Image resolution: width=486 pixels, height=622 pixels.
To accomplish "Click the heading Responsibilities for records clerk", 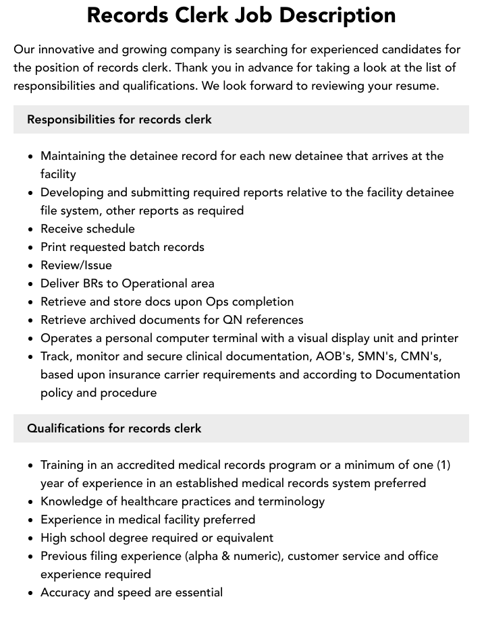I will [x=119, y=119].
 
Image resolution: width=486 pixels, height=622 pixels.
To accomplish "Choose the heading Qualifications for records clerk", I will [x=114, y=428].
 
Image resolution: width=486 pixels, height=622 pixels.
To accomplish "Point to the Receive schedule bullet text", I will [x=88, y=229].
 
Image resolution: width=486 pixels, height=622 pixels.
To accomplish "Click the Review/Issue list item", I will [x=76, y=265].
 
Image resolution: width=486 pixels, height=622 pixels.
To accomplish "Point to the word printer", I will [x=437, y=338].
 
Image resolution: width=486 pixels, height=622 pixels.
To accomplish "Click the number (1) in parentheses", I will [x=443, y=465].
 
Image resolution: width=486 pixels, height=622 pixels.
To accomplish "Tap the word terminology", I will [x=291, y=501].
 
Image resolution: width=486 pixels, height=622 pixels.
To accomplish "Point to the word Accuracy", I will [x=66, y=592].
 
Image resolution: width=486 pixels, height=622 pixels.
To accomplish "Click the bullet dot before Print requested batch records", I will [x=31, y=248].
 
